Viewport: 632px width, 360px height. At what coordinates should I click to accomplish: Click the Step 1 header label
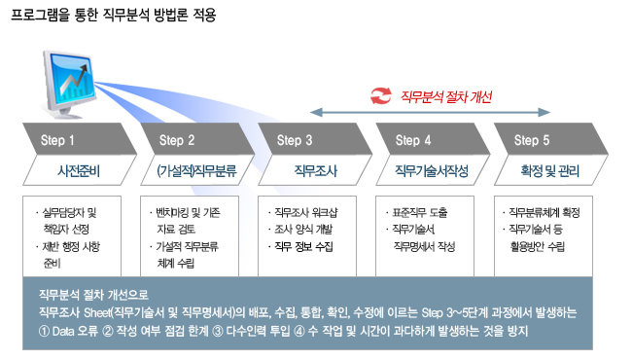(x=57, y=140)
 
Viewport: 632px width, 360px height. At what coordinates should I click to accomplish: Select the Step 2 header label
(x=177, y=140)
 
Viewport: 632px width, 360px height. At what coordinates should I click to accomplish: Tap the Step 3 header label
(x=295, y=140)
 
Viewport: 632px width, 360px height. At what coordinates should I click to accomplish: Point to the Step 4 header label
(x=412, y=140)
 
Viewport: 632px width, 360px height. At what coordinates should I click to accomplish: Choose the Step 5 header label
(x=531, y=140)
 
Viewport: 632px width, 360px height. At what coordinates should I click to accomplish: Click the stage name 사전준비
(x=79, y=171)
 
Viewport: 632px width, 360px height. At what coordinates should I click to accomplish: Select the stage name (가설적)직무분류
(x=196, y=171)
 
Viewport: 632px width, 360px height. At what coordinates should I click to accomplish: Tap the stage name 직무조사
(x=316, y=171)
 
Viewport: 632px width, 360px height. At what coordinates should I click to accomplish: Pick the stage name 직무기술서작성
(x=432, y=171)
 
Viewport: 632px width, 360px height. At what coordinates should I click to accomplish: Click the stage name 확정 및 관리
(x=549, y=171)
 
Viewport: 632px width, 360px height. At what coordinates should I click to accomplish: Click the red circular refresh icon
(x=381, y=96)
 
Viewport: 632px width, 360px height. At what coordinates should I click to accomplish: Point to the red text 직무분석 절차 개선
(x=446, y=96)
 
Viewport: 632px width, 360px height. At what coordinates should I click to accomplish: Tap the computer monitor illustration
(x=69, y=84)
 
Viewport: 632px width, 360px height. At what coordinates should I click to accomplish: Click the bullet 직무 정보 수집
(x=300, y=246)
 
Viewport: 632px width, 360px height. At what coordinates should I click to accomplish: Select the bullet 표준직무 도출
(x=417, y=212)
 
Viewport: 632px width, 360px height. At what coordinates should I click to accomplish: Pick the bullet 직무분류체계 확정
(x=542, y=212)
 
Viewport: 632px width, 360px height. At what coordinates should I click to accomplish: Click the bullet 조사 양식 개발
(x=300, y=230)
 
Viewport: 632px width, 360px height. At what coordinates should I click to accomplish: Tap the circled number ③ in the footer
(x=218, y=332)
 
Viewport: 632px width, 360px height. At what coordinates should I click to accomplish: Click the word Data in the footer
(x=63, y=332)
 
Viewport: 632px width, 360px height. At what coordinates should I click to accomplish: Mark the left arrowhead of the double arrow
(x=316, y=112)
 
